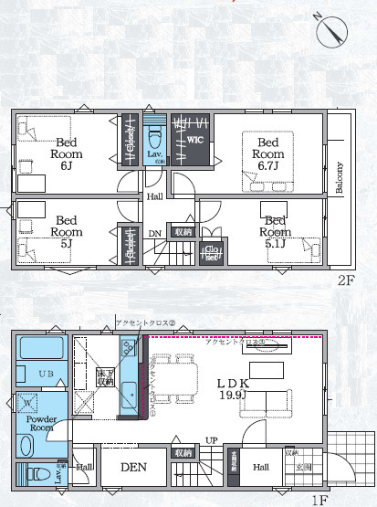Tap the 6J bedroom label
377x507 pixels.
67,153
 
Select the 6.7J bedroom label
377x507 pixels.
268,154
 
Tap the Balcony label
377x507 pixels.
340,178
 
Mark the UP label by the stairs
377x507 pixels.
211,441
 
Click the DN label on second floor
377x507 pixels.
155,234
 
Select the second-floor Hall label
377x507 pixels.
155,196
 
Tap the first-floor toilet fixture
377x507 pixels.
37,474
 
